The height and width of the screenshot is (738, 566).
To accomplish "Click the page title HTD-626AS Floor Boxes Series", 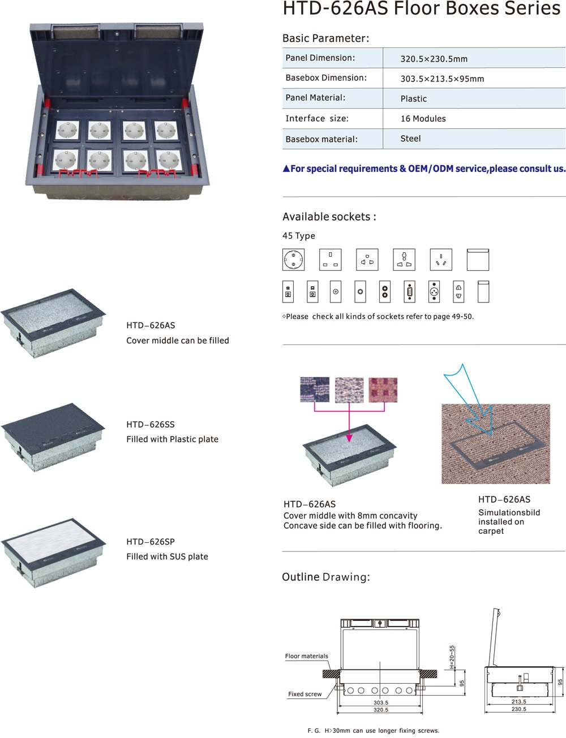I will [421, 9].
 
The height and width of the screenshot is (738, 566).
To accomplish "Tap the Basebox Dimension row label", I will [325, 78].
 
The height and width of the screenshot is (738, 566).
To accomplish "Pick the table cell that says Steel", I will [410, 139].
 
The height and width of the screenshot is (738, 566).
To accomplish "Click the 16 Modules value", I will [423, 119].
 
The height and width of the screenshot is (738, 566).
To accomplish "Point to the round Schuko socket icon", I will [293, 260].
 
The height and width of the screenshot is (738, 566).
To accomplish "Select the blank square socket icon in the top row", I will [478, 260].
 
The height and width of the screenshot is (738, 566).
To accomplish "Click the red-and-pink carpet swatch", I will [383, 390].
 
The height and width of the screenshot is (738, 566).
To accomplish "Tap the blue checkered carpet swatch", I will [315, 390].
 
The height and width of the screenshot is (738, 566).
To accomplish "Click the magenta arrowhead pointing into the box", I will [349, 437].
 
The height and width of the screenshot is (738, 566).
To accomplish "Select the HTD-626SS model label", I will [151, 424].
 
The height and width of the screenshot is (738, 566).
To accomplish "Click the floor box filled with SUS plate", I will [54, 551].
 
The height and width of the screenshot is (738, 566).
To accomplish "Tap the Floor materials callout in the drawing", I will [306, 656].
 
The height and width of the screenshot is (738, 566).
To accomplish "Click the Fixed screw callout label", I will [305, 694].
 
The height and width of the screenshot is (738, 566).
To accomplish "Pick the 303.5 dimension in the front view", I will [381, 702].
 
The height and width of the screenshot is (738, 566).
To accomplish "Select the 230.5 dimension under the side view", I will [519, 709].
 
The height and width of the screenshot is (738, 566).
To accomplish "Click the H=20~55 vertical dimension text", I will [452, 657].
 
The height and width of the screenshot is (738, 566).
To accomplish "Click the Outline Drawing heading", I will [325, 577].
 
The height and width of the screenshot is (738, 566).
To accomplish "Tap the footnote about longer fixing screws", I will [374, 731].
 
